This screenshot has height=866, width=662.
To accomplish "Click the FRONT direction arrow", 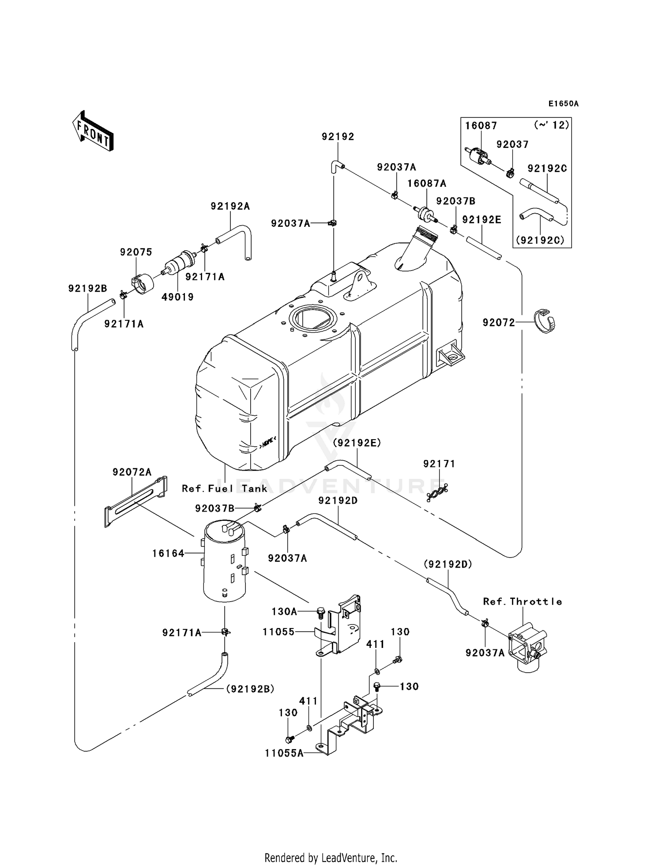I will tap(93, 131).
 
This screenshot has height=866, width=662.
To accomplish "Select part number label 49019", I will tap(177, 297).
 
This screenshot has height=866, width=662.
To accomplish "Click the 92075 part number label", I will tap(136, 252).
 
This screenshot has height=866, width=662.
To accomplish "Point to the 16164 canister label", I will tap(168, 553).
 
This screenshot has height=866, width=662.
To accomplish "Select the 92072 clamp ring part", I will tap(545, 321).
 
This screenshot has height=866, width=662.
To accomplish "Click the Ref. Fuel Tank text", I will tap(225, 489).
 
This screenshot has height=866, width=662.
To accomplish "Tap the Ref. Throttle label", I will tap(523, 602).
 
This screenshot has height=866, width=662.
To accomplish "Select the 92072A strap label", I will tap(132, 472).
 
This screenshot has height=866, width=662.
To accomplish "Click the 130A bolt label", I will tap(284, 611).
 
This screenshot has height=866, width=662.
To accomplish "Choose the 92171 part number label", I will tap(439, 463).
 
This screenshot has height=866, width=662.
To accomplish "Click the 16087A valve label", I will tap(426, 183).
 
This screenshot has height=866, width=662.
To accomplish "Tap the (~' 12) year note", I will tap(551, 125).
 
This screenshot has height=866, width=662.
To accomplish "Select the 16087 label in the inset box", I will tap(481, 126).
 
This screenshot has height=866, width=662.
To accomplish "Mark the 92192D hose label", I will tap(338, 501).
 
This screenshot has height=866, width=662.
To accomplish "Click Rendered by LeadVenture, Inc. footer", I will tap(331, 858).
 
